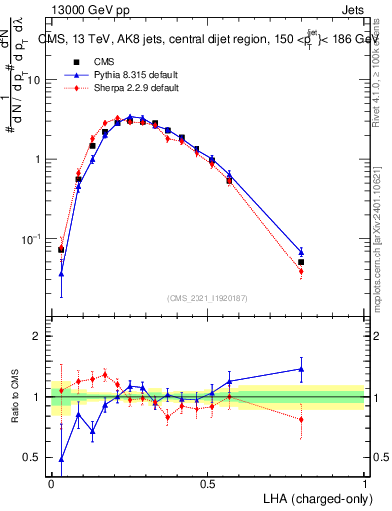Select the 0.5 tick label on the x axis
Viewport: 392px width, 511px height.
(207, 481)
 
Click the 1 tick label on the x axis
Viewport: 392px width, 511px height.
(364, 481)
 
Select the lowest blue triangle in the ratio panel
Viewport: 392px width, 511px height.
(62, 459)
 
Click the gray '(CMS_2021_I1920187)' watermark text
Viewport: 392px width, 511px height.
(207, 296)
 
